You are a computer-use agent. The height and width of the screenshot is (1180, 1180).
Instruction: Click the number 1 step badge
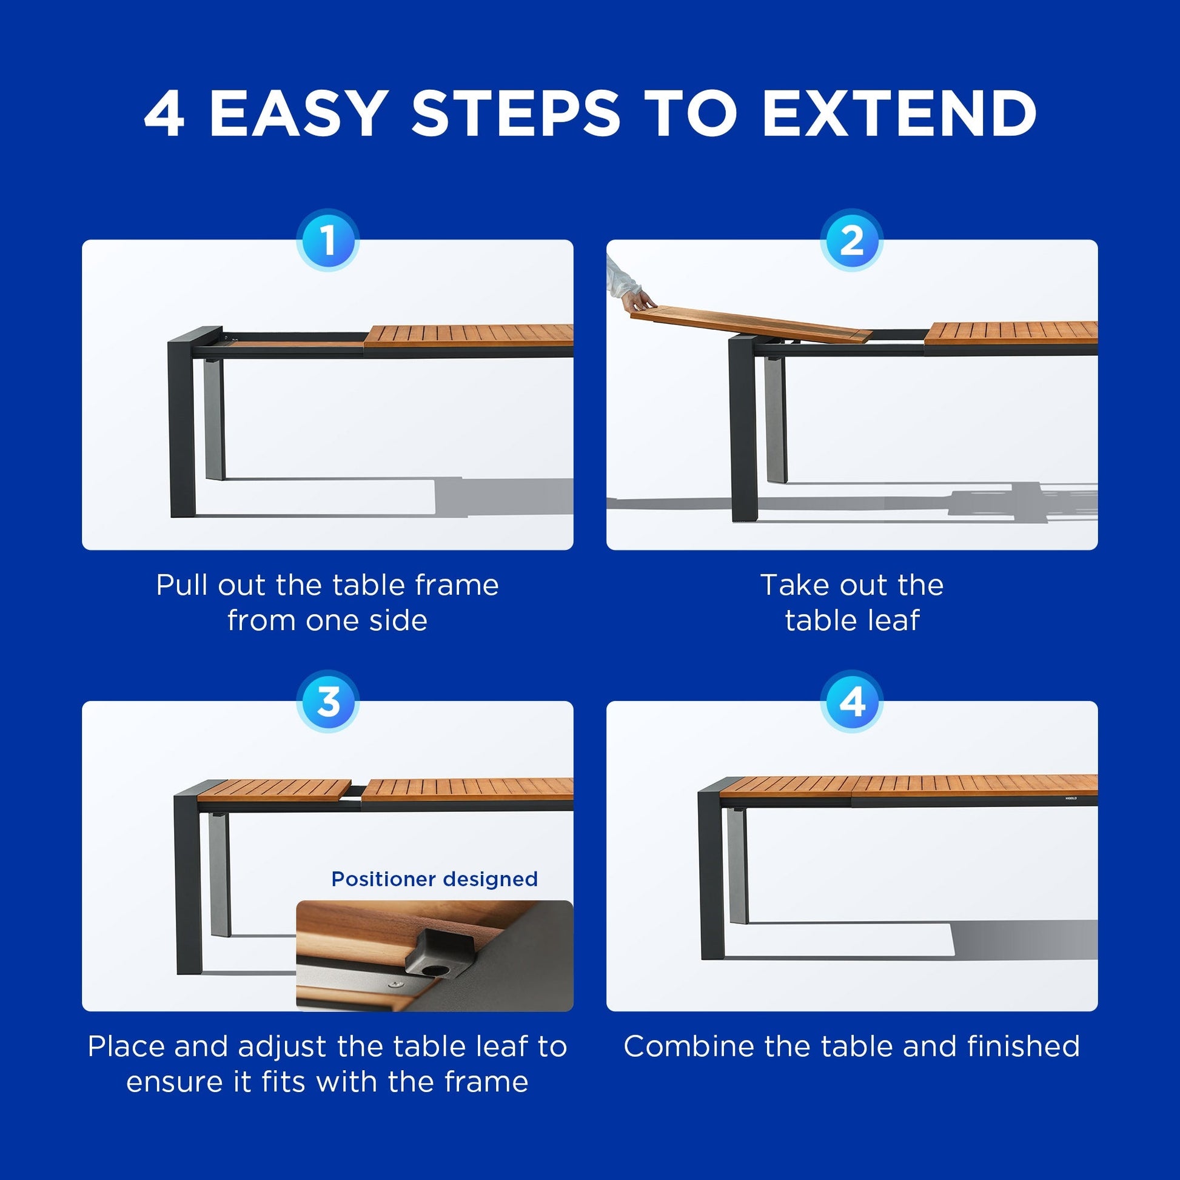328,240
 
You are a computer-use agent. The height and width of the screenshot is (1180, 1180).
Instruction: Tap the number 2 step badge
852,240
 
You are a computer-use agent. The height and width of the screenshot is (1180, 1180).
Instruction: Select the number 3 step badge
328,702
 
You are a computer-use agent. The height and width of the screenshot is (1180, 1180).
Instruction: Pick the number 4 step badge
852,702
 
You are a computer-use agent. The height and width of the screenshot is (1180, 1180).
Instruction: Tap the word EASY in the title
297,113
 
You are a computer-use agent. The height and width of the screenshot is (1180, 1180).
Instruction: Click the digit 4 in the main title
164,113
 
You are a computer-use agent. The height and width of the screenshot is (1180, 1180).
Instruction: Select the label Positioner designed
434,879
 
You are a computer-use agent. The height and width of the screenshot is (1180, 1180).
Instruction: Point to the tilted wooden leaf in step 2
751,326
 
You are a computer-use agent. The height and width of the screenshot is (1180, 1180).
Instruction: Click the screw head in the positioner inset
396,984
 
